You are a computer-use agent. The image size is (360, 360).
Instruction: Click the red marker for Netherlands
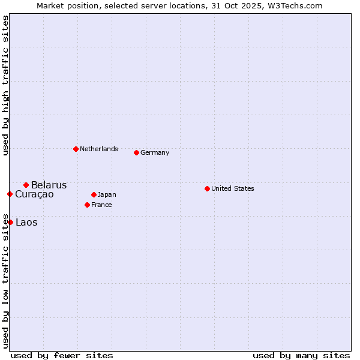click(76, 149)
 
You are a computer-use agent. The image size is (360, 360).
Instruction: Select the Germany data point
click(136, 152)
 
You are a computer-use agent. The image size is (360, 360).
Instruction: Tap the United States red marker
click(207, 188)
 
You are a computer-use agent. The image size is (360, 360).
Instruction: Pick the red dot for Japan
click(94, 194)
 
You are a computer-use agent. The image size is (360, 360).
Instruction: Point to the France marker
click(87, 205)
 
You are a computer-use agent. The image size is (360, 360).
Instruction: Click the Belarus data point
click(26, 185)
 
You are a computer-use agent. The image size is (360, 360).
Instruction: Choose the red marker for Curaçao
click(10, 194)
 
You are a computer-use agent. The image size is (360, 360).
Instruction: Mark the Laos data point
click(10, 222)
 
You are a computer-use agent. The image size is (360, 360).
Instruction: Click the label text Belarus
click(49, 185)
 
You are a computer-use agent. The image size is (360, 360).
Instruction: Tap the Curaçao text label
click(34, 194)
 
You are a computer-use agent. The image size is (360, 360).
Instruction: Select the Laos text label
click(26, 223)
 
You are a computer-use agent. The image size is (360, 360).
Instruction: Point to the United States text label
click(232, 188)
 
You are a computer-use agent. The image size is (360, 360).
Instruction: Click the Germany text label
click(155, 152)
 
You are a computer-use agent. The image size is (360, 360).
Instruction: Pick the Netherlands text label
click(99, 149)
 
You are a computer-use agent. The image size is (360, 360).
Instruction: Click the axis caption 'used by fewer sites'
click(62, 355)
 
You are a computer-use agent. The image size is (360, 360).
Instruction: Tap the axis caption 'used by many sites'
click(301, 355)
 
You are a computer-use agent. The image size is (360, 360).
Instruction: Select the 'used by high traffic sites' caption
click(5, 85)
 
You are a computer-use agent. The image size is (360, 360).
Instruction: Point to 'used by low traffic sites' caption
click(5, 280)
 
